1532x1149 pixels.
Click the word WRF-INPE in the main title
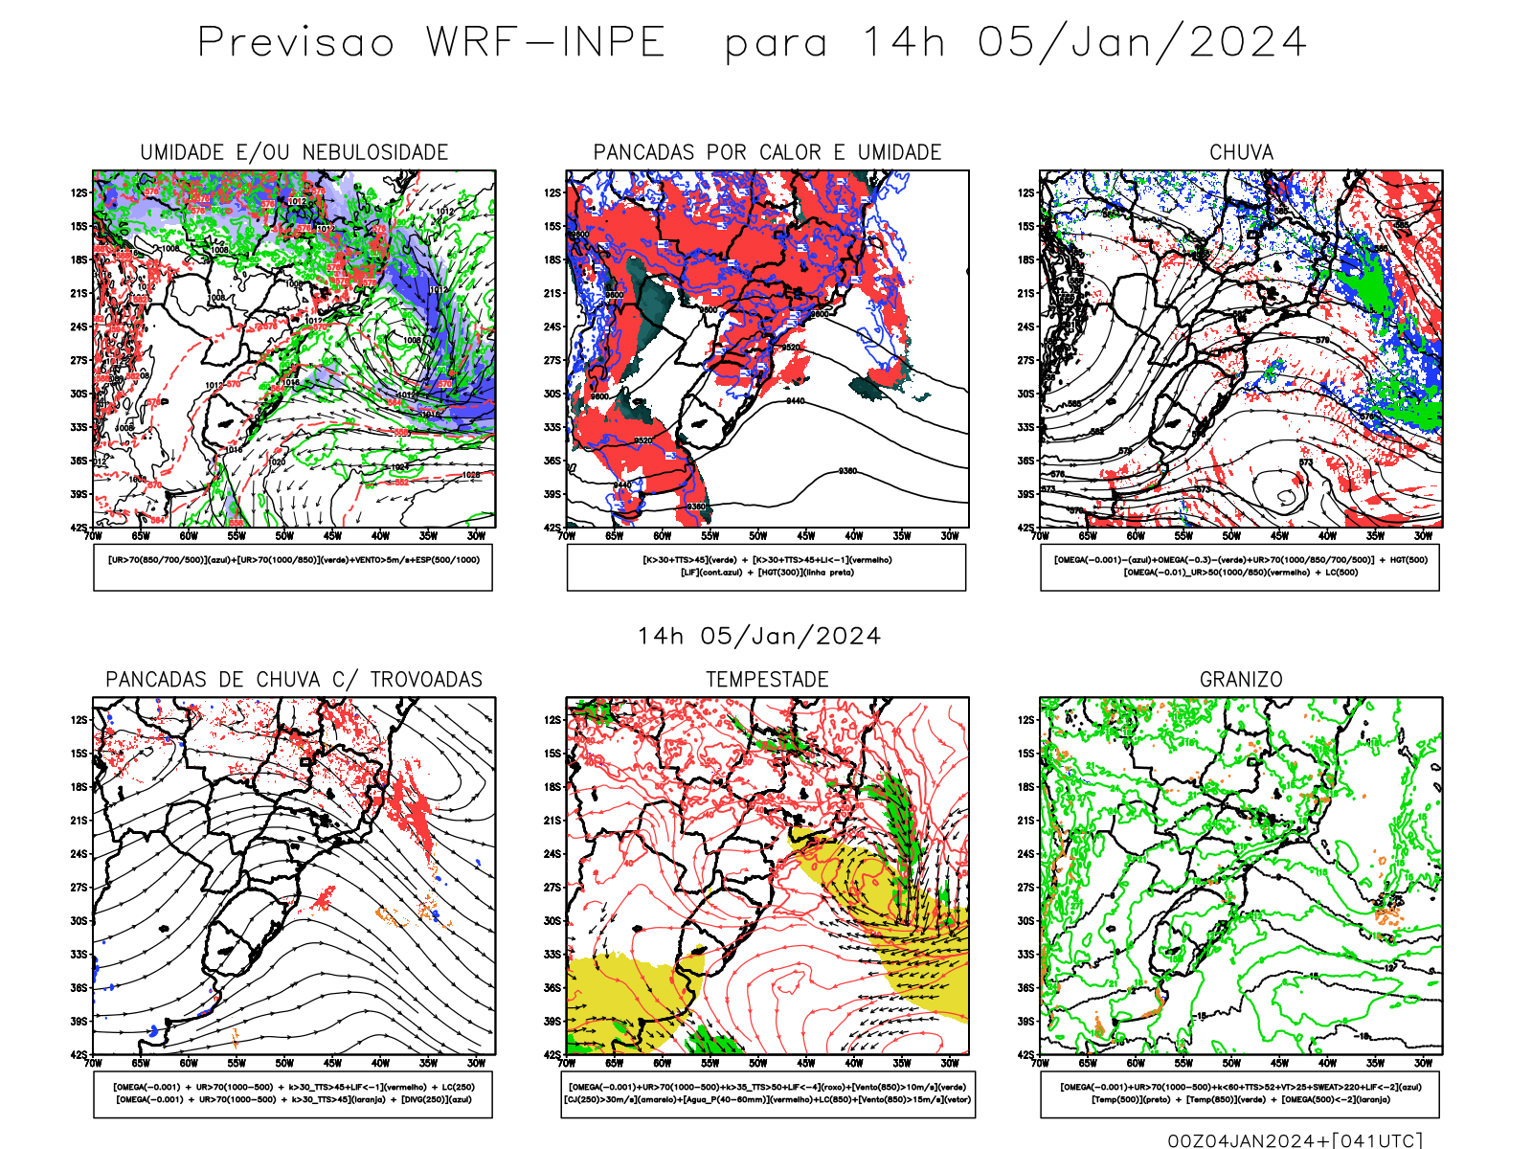(546, 43)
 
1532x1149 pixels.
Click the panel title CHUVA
(1241, 152)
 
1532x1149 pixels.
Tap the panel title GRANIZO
(1241, 680)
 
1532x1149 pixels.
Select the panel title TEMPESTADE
(767, 680)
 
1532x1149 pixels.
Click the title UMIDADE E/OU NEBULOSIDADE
(294, 152)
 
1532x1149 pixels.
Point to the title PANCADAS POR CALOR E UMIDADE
(767, 152)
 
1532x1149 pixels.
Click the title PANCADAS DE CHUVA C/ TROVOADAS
(294, 680)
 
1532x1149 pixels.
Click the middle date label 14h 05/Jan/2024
(759, 637)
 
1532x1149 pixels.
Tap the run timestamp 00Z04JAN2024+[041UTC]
(1295, 1140)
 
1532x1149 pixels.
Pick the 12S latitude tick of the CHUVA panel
(1025, 193)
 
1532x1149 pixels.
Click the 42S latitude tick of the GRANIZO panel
(1025, 1055)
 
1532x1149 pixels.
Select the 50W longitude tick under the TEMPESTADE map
(758, 1063)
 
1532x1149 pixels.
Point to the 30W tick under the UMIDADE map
(476, 536)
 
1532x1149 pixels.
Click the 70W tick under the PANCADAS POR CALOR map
(567, 536)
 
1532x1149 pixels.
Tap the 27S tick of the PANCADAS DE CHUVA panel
(79, 888)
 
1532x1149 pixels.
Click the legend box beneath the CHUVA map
(1240, 567)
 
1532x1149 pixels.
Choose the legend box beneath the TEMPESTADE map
(767, 1093)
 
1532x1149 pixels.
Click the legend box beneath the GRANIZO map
(1240, 1093)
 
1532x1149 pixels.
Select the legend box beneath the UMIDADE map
(293, 567)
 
